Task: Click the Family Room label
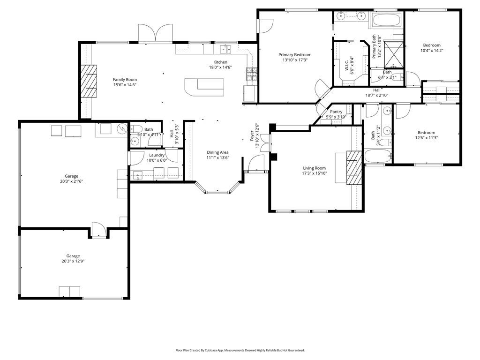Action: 125,80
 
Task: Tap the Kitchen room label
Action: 220,62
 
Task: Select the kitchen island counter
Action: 204,87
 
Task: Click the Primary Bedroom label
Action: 295,55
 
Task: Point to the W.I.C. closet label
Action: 347,65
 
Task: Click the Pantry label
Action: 336,112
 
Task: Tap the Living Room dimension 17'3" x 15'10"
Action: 315,173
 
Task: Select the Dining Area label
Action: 217,152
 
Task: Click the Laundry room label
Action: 157,155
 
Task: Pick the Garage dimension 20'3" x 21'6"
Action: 72,181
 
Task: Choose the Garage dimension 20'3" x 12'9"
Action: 73,261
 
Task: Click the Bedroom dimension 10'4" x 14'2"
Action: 432,51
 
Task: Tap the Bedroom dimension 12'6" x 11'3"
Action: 427,138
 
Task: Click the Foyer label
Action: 252,136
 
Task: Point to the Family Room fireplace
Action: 89,81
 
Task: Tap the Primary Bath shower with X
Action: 394,54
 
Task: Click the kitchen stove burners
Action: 251,74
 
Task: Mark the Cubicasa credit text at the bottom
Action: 240,350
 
